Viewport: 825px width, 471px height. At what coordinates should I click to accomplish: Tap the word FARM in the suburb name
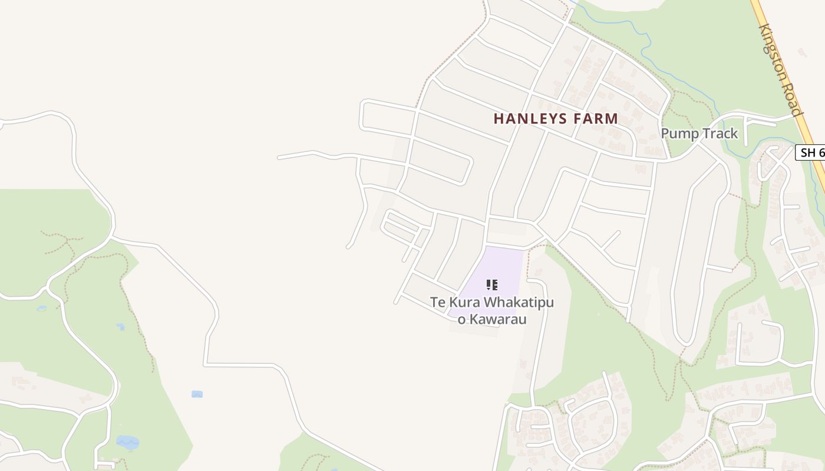[596, 119]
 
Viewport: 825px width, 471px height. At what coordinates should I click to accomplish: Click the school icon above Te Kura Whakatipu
[492, 285]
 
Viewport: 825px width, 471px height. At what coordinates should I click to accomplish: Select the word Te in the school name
[437, 303]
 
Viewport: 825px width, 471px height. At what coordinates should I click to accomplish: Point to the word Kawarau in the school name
[500, 320]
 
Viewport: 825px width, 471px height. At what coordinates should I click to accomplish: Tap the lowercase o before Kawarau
[461, 320]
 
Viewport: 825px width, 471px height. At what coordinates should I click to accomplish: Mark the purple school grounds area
[501, 265]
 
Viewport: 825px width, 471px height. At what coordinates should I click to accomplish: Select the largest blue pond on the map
[127, 442]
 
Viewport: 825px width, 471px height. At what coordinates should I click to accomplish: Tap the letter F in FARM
[577, 119]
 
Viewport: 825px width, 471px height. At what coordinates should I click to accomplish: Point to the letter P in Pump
[665, 134]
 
